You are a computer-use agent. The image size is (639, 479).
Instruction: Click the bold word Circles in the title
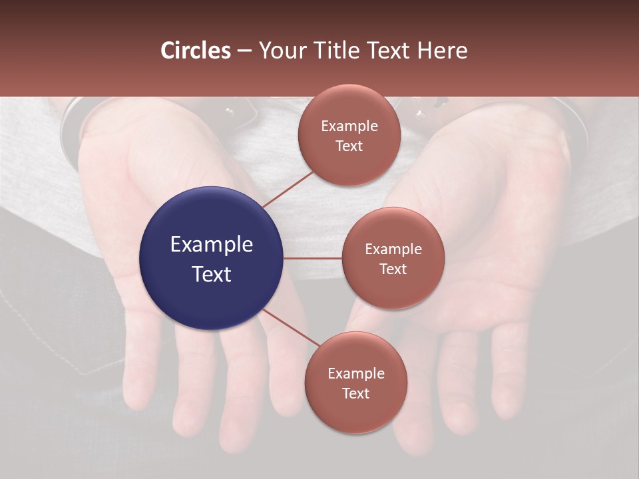point(196,51)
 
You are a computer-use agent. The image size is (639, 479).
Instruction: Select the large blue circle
point(212,258)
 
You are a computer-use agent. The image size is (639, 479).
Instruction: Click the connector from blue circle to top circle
point(288,189)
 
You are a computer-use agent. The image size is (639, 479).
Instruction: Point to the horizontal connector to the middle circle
point(313,258)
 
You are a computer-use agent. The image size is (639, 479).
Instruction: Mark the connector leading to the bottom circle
point(293,329)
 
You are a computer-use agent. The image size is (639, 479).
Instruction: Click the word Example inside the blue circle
point(212,245)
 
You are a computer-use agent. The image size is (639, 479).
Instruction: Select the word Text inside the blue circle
point(212,274)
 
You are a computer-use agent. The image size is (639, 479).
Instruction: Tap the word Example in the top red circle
point(349,126)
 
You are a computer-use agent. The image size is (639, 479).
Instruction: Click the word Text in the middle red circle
point(393,269)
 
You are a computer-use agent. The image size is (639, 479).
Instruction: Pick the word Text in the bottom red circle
point(355,393)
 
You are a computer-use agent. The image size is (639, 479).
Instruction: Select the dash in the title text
point(244,51)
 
